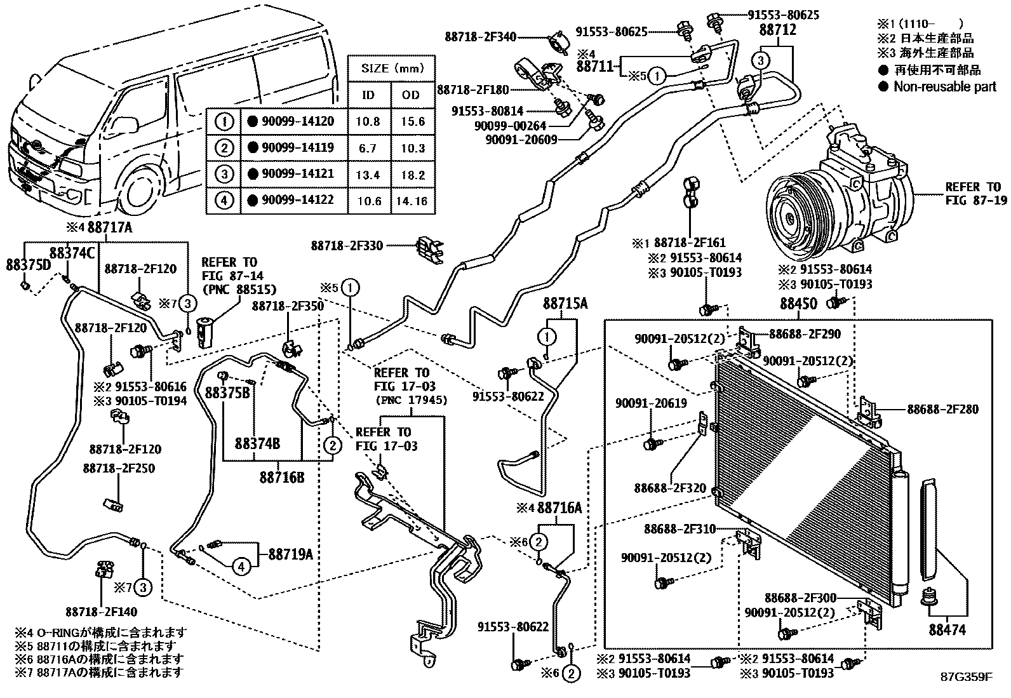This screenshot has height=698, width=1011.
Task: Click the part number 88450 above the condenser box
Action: pyautogui.click(x=798, y=304)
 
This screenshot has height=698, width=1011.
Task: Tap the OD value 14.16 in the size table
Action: pyautogui.click(x=413, y=201)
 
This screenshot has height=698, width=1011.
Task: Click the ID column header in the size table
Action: pyautogui.click(x=368, y=95)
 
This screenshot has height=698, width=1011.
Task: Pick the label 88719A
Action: pyautogui.click(x=290, y=554)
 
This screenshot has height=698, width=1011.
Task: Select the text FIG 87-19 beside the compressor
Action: pyautogui.click(x=975, y=200)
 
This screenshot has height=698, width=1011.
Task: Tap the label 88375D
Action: pyautogui.click(x=29, y=264)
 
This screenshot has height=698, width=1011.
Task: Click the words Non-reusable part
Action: pyautogui.click(x=945, y=86)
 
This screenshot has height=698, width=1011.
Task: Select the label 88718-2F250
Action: pyautogui.click(x=119, y=468)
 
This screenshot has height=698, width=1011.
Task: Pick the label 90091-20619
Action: pyautogui.click(x=650, y=403)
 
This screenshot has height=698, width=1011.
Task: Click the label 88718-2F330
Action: pyautogui.click(x=347, y=245)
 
